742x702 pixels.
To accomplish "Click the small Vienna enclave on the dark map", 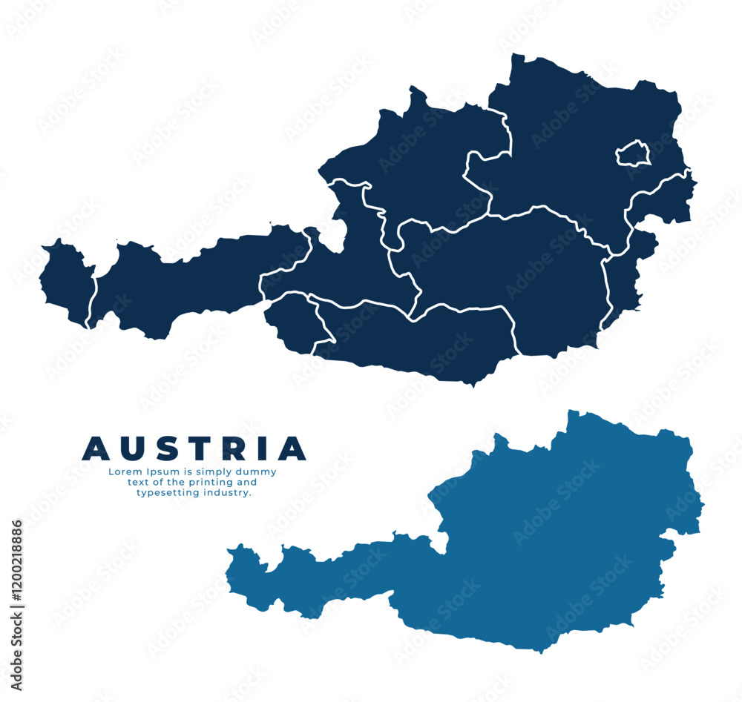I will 634,153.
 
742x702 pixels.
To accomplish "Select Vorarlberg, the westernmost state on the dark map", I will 66,282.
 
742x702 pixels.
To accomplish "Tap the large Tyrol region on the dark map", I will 185,285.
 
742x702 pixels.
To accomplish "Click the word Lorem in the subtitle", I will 122,471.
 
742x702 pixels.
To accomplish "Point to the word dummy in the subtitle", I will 259,471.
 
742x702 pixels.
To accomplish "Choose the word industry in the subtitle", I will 227,493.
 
